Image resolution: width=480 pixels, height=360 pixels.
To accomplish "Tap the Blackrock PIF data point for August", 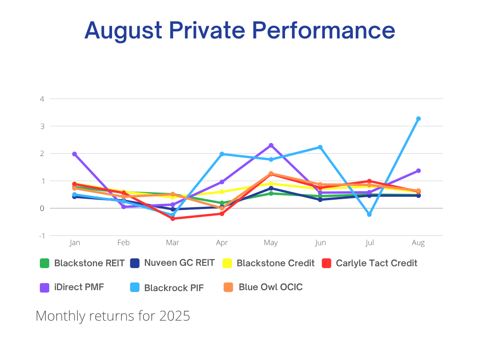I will pos(418,119).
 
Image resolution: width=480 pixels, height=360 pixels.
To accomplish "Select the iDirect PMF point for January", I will pos(75,154).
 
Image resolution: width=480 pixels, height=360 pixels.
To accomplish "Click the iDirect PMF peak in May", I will pos(271,145).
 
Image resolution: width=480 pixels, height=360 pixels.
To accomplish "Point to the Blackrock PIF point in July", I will pos(369,214).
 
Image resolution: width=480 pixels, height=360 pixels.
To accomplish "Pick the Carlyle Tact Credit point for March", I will pos(172,218).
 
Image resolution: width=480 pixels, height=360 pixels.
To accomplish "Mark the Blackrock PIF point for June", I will pos(320,147).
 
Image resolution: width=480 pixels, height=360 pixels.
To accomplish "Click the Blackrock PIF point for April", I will pos(222,154).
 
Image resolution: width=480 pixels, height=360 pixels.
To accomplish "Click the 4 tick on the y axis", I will pos(42,99).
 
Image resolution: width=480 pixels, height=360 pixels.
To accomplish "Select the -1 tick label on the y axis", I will pos(42,235).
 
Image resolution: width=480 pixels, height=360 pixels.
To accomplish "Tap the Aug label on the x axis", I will pos(418,243).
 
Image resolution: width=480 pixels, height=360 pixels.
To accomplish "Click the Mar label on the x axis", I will pos(172,243).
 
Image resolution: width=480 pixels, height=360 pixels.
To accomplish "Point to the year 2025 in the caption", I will pos(174,316).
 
